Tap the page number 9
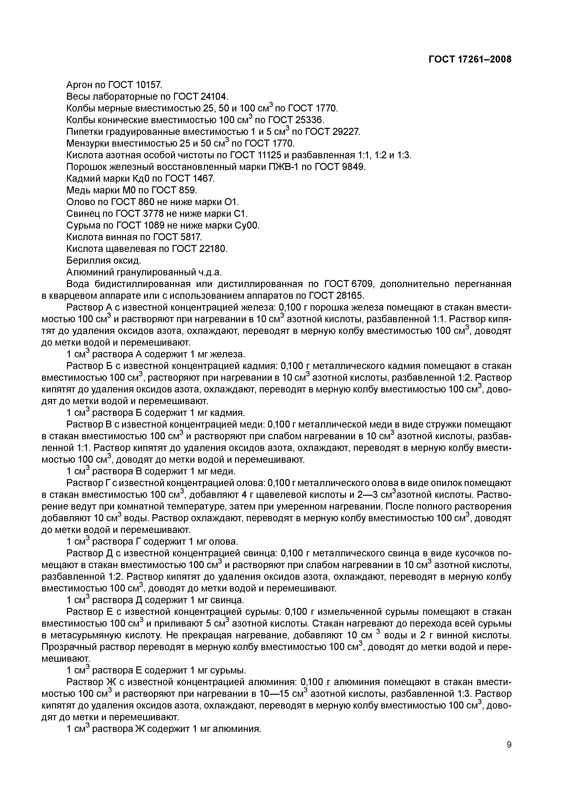coord(509,754)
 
